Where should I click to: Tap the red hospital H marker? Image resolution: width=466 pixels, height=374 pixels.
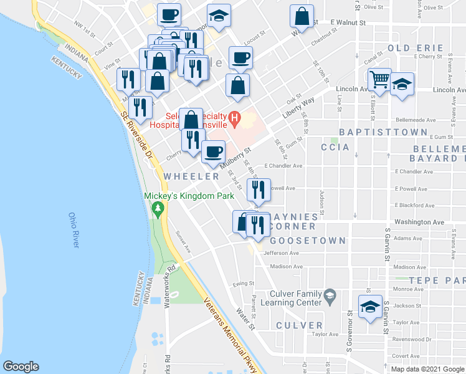coord(235,117)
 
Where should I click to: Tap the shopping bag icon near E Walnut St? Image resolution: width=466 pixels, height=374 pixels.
coord(302,16)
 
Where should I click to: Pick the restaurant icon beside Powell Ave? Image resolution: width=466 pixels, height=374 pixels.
coord(258,189)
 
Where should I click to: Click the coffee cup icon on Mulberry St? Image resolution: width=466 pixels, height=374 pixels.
coord(213,152)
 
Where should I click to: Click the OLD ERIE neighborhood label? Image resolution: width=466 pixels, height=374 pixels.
coord(416,47)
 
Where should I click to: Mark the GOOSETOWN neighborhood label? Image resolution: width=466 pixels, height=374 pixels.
coord(300,240)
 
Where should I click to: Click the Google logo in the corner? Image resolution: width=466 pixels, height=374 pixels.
coord(21,366)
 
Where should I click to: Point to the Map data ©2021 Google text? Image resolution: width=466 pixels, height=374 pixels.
coord(427,369)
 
